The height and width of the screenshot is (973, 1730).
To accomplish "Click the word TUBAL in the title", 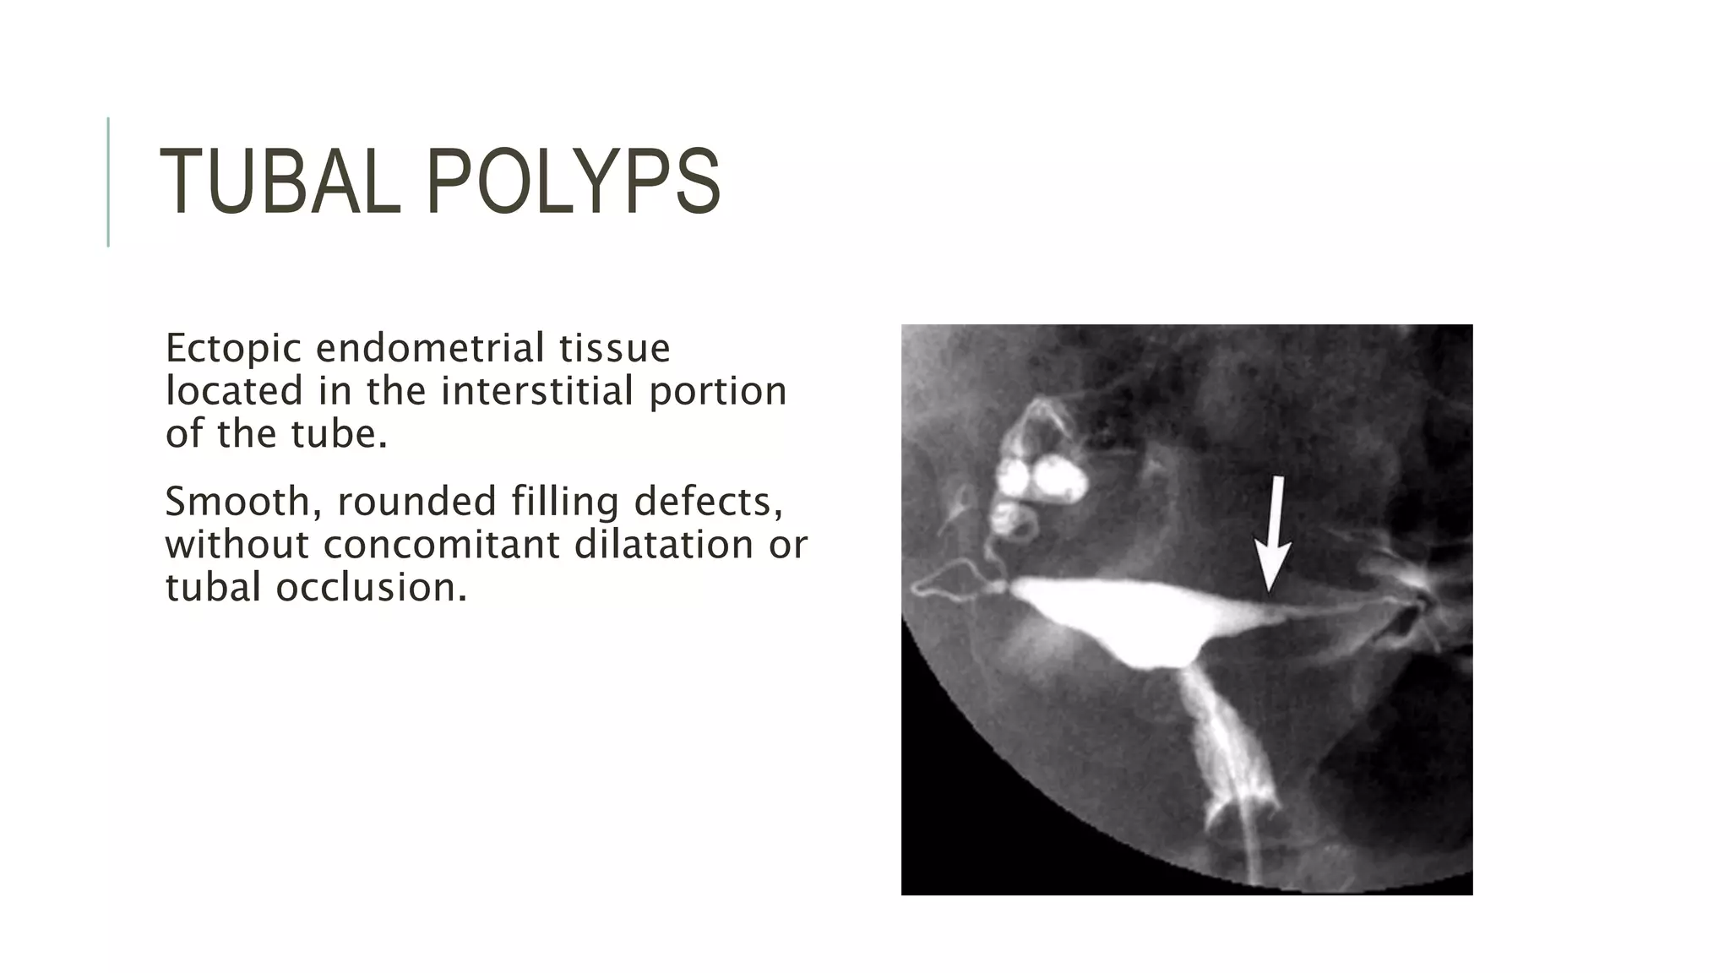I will tap(280, 182).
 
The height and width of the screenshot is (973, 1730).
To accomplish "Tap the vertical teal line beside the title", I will tap(108, 182).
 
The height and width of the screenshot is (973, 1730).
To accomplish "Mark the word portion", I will tap(718, 391).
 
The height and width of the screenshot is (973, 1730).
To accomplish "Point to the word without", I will tap(237, 545).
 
